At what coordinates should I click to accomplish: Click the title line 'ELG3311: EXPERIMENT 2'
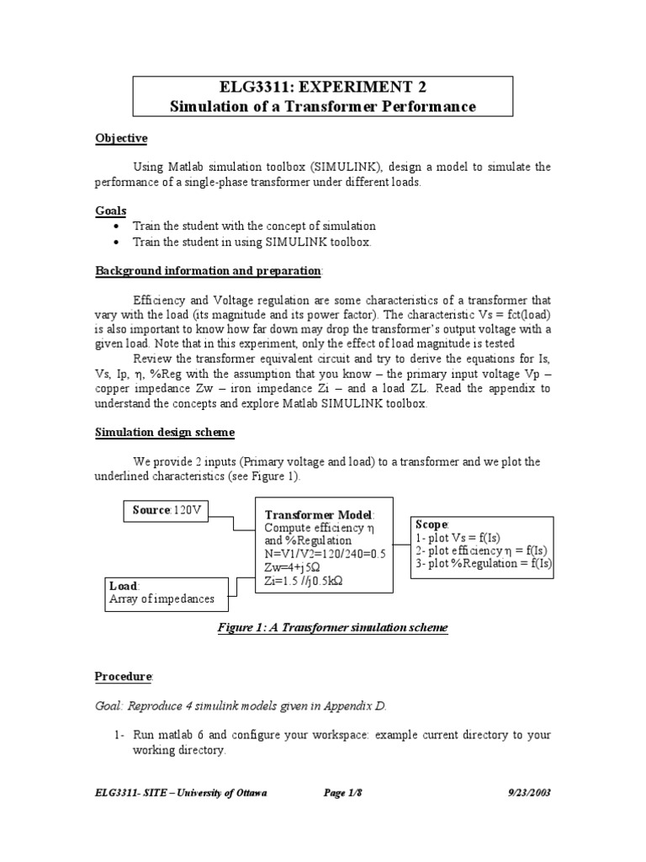tap(322, 88)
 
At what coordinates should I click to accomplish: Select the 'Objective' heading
tap(120, 138)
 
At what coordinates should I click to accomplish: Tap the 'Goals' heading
tap(110, 211)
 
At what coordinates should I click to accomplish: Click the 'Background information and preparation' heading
tap(208, 271)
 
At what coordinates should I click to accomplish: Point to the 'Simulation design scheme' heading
tap(165, 432)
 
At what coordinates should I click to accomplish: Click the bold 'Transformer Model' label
tap(319, 514)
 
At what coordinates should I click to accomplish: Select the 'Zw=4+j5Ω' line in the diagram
tap(294, 567)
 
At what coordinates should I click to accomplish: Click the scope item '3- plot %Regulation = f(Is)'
tap(484, 564)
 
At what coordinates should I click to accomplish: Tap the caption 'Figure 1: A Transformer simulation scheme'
tap(332, 628)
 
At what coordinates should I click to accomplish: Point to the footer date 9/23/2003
tap(528, 793)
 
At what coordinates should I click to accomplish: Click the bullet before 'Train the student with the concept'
tap(116, 227)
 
